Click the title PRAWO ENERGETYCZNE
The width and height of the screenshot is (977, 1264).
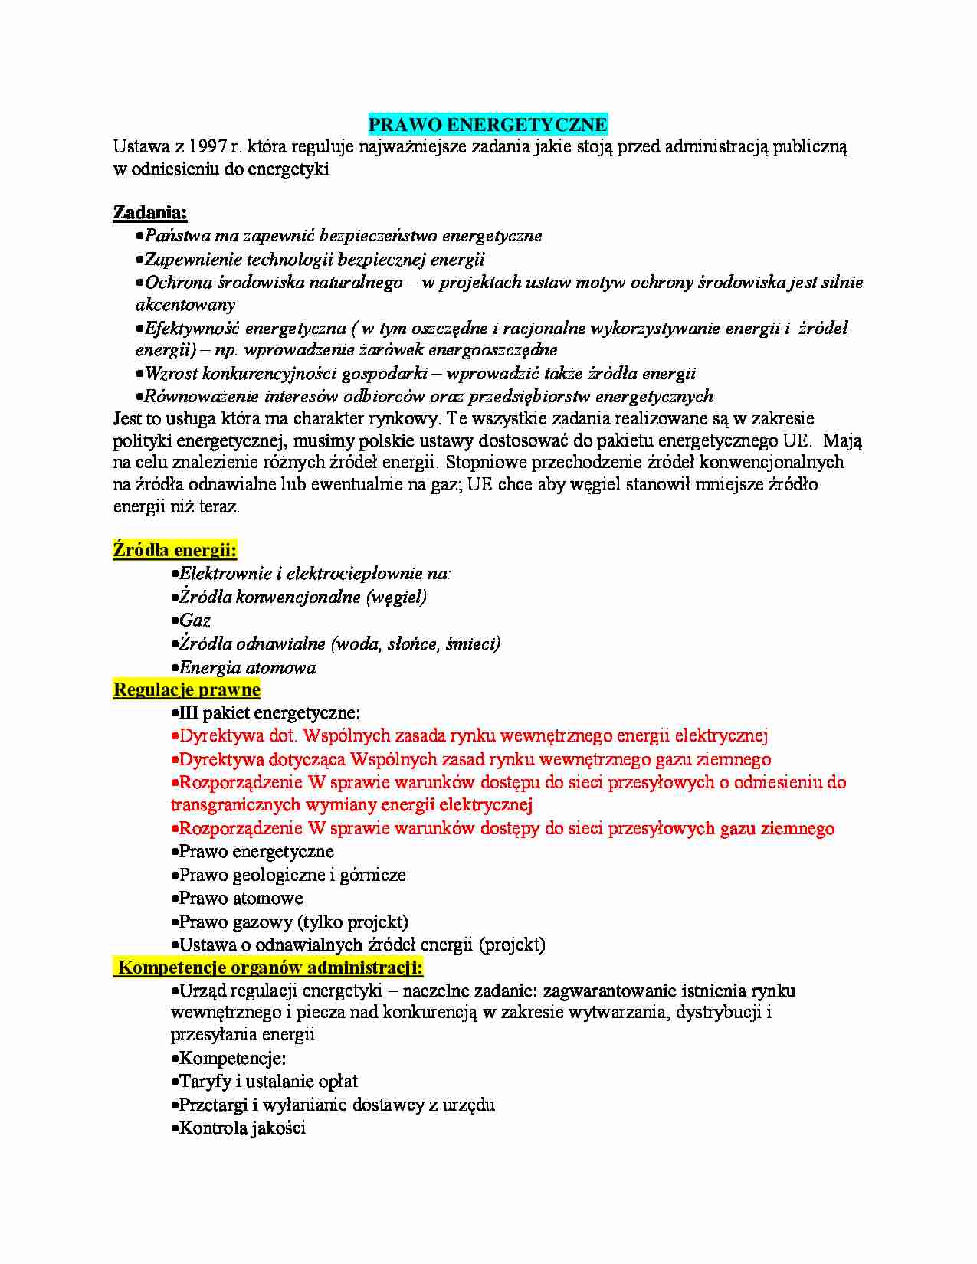point(488,125)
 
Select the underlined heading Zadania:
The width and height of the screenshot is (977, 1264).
point(150,212)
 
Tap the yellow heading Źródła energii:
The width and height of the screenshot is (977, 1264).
point(175,550)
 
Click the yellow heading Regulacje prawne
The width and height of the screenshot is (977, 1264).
point(187,689)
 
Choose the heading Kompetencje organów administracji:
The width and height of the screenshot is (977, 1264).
point(270,968)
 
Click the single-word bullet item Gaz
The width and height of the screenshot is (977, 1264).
point(195,621)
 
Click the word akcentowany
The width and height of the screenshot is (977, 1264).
point(185,305)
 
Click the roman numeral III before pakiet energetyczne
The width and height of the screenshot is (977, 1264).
point(189,713)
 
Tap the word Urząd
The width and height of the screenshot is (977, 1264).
point(204,991)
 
